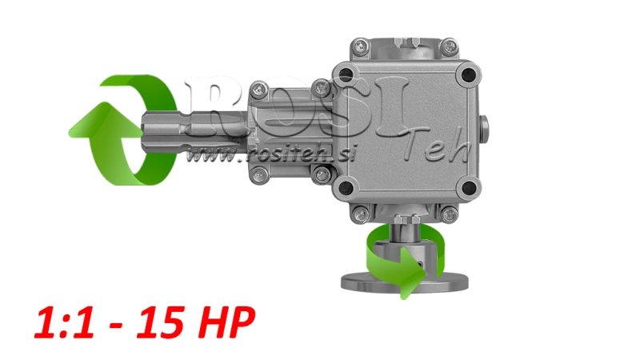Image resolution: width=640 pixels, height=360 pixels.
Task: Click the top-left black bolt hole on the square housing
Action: click(345, 74)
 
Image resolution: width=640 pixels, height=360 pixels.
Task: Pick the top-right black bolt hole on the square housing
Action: click(468, 74)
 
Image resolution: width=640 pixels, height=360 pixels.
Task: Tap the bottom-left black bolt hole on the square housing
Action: click(346, 188)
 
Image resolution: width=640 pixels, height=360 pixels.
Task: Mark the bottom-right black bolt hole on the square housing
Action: click(468, 188)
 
